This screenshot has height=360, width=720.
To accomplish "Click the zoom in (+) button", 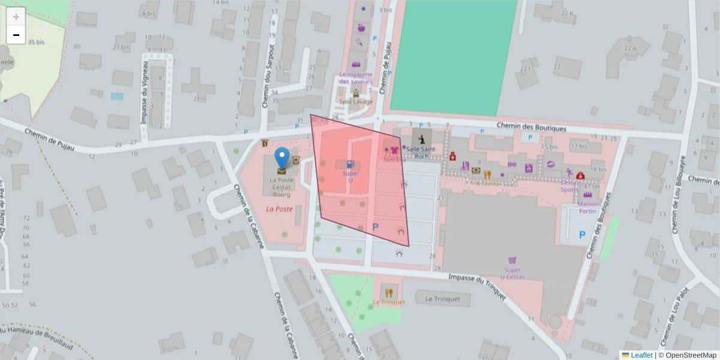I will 16,17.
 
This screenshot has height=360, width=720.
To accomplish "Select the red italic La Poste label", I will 279,209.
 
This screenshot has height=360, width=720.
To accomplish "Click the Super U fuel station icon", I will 350,164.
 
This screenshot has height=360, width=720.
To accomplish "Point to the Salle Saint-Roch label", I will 422,152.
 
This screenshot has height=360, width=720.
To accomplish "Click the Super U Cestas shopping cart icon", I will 512,261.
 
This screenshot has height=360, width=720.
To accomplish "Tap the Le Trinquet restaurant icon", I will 388,293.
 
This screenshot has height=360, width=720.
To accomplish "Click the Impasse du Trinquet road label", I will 478,280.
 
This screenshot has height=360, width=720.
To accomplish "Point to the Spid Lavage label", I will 356,102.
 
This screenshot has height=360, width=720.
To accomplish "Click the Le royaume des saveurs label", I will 356,78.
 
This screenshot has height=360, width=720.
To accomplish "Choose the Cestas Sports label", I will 569,186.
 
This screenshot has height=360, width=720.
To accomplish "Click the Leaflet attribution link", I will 641,355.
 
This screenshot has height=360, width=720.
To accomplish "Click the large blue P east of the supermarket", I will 582,236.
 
